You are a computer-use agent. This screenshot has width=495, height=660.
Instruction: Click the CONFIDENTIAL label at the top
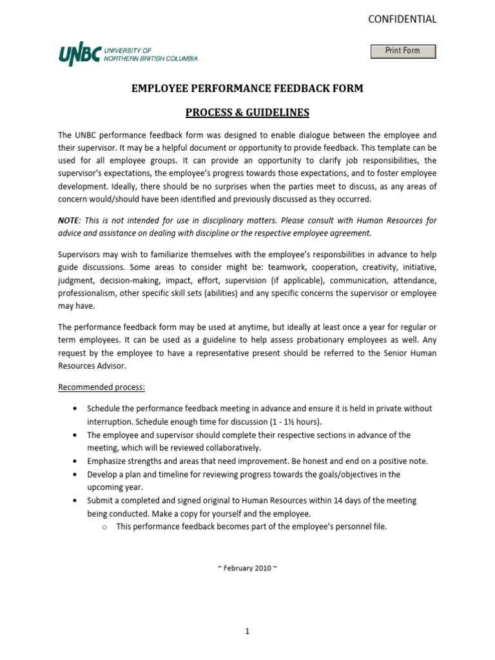point(402,19)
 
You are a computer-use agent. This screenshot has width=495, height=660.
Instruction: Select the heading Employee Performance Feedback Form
point(247,88)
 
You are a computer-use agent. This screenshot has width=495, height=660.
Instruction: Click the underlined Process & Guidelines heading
point(247,113)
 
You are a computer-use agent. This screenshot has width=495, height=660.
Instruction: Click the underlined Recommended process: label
point(102,387)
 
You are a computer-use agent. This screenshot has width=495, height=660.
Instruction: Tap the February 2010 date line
point(247,568)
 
